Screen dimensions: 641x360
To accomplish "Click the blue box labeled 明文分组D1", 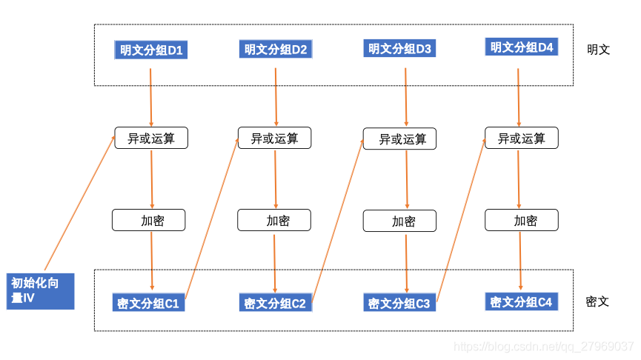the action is pyautogui.click(x=151, y=50).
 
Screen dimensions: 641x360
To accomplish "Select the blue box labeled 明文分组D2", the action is pyautogui.click(x=276, y=49).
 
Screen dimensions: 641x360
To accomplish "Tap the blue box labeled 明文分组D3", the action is pyautogui.click(x=399, y=48).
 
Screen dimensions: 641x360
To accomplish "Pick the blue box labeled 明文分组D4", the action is pyautogui.click(x=522, y=47).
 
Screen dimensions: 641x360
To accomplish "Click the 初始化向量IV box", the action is pyautogui.click(x=41, y=291).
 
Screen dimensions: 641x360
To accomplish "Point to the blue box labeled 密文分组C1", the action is pyautogui.click(x=148, y=303).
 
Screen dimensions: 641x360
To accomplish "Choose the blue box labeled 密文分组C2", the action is pyautogui.click(x=276, y=303).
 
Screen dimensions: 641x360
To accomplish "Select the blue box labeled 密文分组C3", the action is pyautogui.click(x=399, y=303).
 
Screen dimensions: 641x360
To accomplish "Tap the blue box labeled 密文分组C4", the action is pyautogui.click(x=522, y=301).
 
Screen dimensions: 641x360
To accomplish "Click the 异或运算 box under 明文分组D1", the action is pyautogui.click(x=151, y=138).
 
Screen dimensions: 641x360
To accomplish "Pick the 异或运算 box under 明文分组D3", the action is pyautogui.click(x=400, y=139).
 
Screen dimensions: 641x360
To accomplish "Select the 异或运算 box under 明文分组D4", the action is pyautogui.click(x=522, y=138).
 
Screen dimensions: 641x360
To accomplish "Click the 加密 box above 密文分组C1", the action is pyautogui.click(x=149, y=220).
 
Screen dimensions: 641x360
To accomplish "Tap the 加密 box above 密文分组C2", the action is pyautogui.click(x=274, y=220).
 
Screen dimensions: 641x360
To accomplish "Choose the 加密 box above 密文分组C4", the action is pyautogui.click(x=522, y=220).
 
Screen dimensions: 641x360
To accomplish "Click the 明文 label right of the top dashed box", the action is pyautogui.click(x=599, y=50).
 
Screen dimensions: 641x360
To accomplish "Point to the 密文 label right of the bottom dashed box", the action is pyautogui.click(x=597, y=302).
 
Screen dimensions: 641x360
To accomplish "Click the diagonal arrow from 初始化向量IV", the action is pyautogui.click(x=80, y=203).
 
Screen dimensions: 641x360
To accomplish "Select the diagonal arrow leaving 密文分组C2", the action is pyautogui.click(x=338, y=221).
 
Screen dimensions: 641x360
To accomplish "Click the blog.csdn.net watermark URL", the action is pyautogui.click(x=544, y=347).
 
